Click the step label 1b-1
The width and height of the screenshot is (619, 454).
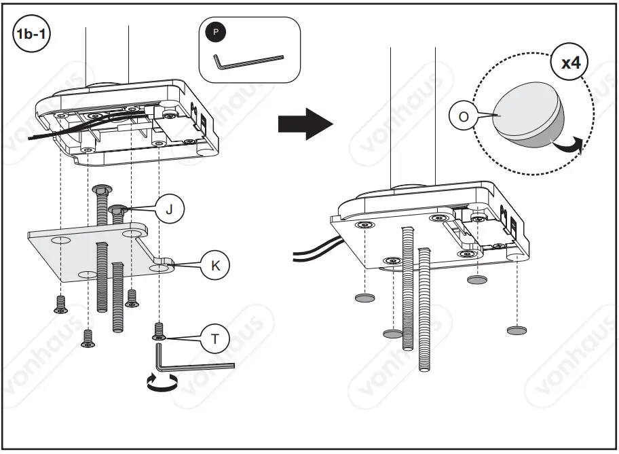tap(30, 33)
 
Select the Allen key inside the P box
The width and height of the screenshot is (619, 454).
tap(248, 60)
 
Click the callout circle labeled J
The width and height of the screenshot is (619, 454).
tap(169, 209)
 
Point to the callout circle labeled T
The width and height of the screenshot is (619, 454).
tap(215, 339)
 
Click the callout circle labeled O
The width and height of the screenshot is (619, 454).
tap(463, 116)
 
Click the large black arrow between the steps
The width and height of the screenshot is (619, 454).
tap(305, 124)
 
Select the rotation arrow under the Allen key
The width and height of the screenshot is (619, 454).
tap(162, 383)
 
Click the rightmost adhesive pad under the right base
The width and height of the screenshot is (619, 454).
tap(517, 330)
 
